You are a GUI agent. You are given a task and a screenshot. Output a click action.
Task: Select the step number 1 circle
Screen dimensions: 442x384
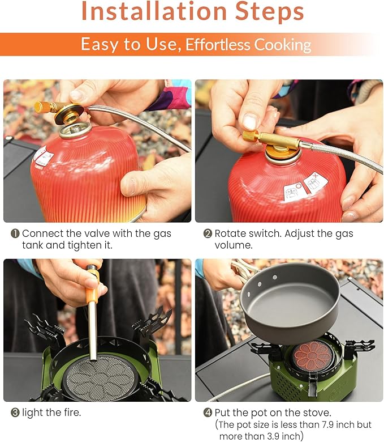pyautogui.click(x=15, y=233)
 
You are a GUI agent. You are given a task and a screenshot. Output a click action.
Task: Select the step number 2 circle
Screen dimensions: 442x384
pyautogui.click(x=207, y=233)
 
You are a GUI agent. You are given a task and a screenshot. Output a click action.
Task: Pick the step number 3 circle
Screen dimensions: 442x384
pyautogui.click(x=15, y=413)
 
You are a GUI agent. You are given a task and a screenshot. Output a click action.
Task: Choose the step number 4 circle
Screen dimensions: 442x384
pyautogui.click(x=207, y=413)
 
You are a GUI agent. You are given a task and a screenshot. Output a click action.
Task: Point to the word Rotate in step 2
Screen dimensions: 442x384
pyautogui.click(x=232, y=233)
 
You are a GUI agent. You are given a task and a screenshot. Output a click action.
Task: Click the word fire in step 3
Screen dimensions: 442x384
pyautogui.click(x=71, y=413)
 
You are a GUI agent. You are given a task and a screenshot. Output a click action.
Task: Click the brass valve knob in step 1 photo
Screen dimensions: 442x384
pyautogui.click(x=42, y=107)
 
